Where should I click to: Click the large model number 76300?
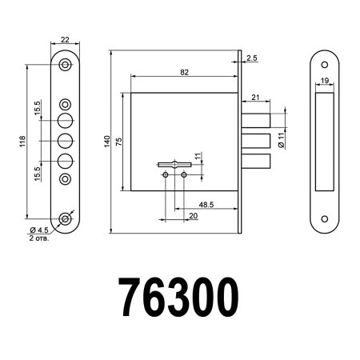click(178, 297)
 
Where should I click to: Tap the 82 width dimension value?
click(184, 72)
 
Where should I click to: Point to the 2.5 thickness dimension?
click(252, 58)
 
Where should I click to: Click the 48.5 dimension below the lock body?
click(205, 206)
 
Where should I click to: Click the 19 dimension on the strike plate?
click(326, 81)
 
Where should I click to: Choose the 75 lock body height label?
click(119, 142)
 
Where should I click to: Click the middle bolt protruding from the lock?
click(257, 142)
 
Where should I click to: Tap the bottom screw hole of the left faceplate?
click(66, 218)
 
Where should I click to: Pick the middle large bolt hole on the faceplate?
click(66, 141)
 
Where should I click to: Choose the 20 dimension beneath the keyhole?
click(193, 216)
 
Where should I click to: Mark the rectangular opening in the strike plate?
click(326, 141)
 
